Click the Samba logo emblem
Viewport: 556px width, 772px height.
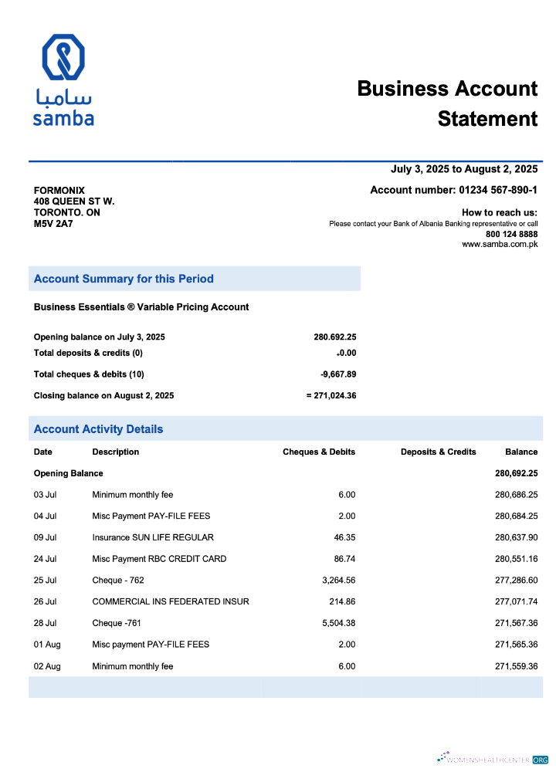coord(63,58)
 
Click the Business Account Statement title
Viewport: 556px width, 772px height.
coord(447,103)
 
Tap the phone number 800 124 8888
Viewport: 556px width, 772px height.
coord(511,234)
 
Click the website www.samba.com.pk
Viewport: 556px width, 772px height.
coord(500,245)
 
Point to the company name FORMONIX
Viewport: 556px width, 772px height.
coord(59,191)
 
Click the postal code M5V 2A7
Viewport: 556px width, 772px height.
coord(53,224)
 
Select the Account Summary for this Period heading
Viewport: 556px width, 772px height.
coord(124,279)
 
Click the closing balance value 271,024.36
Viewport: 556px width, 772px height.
coord(334,395)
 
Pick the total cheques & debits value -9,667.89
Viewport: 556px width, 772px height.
coord(338,374)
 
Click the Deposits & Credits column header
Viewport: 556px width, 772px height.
coord(438,452)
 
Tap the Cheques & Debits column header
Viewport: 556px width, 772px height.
coord(319,452)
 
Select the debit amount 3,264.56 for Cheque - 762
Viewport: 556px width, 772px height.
coord(338,580)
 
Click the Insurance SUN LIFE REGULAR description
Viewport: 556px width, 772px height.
coord(153,537)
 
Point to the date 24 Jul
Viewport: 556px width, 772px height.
coord(45,559)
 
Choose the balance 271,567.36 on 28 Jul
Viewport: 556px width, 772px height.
coord(516,623)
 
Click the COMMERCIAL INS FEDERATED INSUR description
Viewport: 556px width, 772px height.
coord(171,601)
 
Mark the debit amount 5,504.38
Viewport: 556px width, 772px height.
coord(338,623)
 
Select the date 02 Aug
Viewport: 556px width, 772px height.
coord(47,666)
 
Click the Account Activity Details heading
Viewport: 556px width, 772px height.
coord(98,429)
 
